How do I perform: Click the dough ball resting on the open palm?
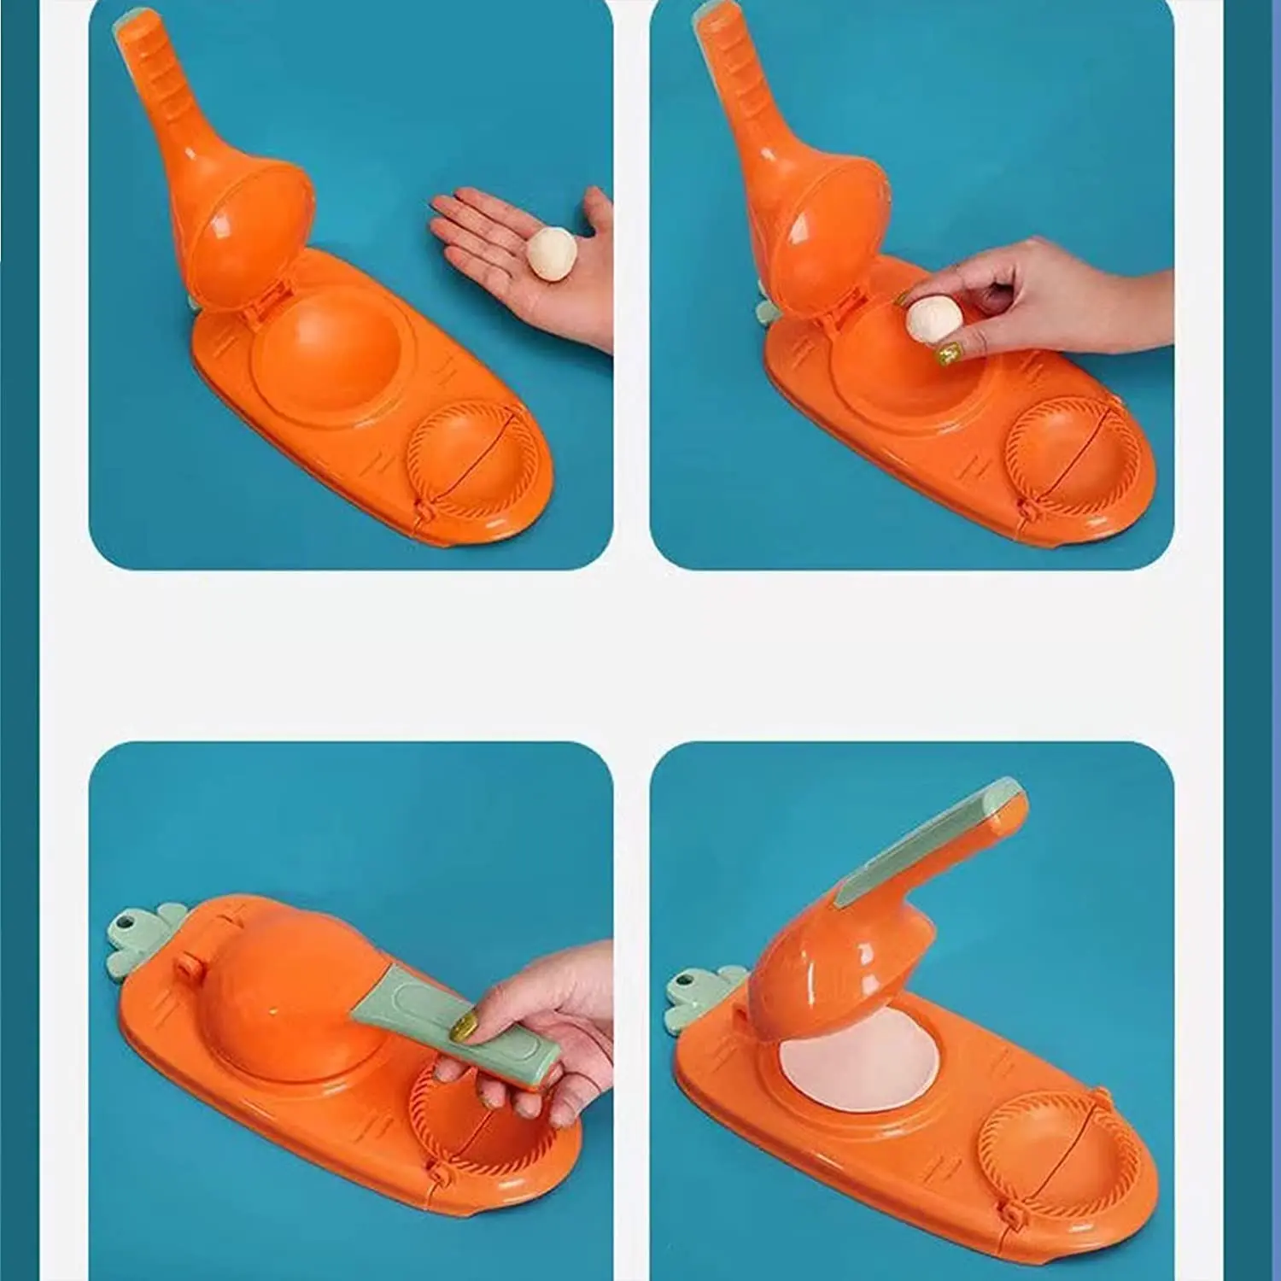point(547,254)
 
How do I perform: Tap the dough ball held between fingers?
point(933,318)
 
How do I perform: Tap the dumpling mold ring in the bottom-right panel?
point(1042,1144)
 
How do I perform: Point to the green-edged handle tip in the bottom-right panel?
point(999,798)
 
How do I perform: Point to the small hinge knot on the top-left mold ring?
point(424,512)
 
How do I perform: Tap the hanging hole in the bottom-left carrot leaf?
point(131,925)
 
